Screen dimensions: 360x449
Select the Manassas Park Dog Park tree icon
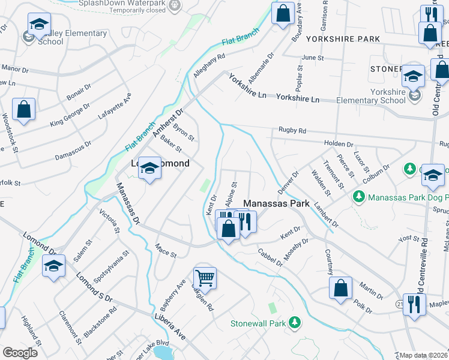tap(358, 196)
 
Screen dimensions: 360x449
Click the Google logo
tap(20, 352)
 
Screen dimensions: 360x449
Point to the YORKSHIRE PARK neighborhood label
tap(343, 39)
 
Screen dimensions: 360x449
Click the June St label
tap(313, 58)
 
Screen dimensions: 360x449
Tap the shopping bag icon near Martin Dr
tap(341, 287)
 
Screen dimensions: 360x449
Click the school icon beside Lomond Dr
tap(54, 265)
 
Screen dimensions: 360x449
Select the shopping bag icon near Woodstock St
tap(23, 109)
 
